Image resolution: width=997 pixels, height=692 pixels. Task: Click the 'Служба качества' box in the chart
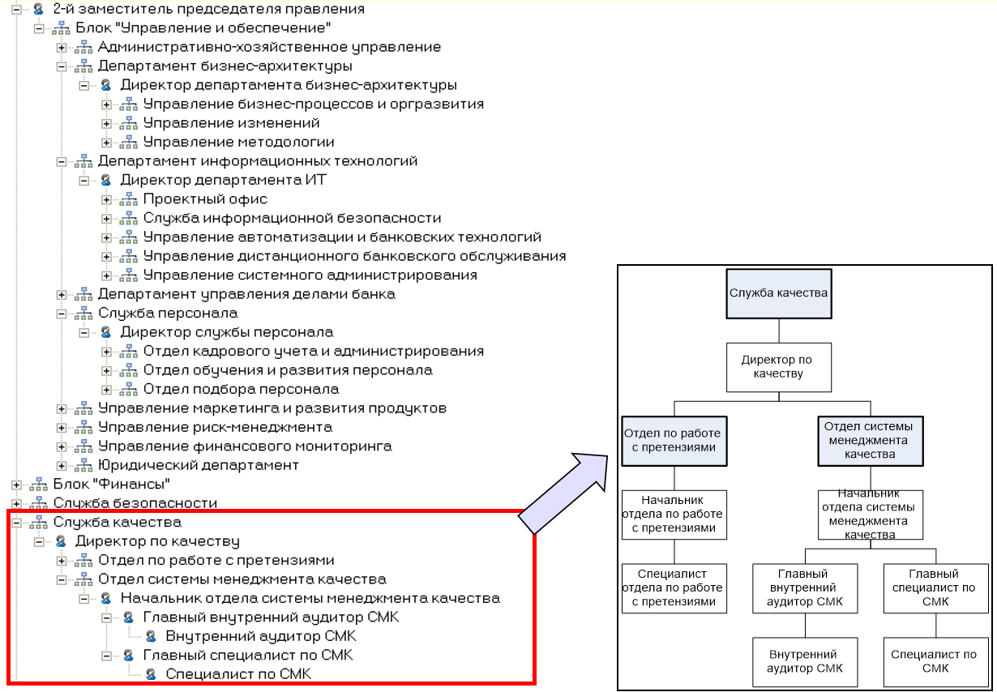point(778,293)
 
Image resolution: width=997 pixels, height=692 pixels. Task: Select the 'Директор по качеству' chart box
point(777,366)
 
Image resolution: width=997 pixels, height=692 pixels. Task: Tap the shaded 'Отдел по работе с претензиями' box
point(672,441)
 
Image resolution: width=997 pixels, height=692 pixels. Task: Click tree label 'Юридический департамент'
point(199,465)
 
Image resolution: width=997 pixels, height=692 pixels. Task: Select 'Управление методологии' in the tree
point(238,142)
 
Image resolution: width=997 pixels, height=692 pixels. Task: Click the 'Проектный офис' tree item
point(205,199)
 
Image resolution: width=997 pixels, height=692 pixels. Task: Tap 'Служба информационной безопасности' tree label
point(292,218)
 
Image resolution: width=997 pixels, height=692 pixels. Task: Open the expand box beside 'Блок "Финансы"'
point(16,485)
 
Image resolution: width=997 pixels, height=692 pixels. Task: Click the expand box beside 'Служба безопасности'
point(16,503)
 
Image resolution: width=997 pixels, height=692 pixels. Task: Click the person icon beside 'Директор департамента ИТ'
point(105,180)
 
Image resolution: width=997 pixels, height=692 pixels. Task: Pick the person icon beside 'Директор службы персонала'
point(105,332)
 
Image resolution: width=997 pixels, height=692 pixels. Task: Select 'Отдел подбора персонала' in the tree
point(241,389)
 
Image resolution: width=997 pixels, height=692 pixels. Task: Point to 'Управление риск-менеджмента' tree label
point(215,427)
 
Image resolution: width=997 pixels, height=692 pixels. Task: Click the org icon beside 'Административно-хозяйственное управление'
point(83,48)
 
